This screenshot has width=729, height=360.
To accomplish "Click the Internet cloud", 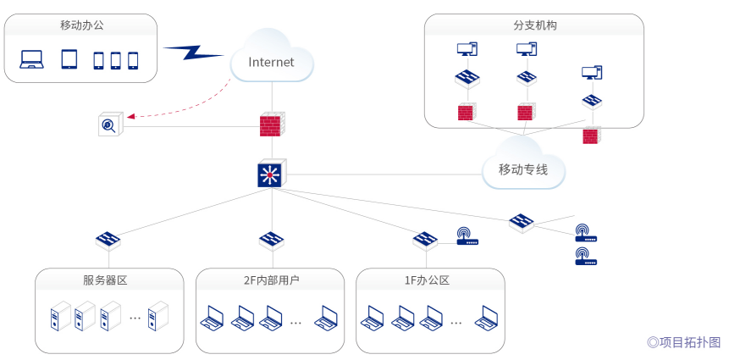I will pyautogui.click(x=271, y=59).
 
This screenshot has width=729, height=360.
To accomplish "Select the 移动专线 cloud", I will pyautogui.click(x=522, y=169).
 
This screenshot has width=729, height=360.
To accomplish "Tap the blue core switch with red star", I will pyautogui.click(x=271, y=174).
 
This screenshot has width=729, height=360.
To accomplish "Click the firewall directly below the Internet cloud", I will pyautogui.click(x=271, y=126).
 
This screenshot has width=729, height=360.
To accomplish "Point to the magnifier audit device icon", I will pyautogui.click(x=110, y=125).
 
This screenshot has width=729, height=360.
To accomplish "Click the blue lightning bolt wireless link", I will pyautogui.click(x=193, y=52).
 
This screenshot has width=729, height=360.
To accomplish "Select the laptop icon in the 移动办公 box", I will pyautogui.click(x=32, y=59).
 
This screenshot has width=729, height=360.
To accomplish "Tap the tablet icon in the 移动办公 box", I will pyautogui.click(x=69, y=59).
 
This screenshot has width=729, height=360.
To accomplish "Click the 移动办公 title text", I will pyautogui.click(x=81, y=25).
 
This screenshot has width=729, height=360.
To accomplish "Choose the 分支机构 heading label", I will pyautogui.click(x=535, y=25).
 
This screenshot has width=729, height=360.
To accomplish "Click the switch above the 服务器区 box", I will pyautogui.click(x=108, y=240).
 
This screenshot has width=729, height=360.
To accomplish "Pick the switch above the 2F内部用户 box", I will pyautogui.click(x=271, y=240).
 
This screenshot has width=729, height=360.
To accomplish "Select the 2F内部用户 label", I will pyautogui.click(x=271, y=280).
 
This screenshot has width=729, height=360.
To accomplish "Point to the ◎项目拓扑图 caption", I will pyautogui.click(x=684, y=342).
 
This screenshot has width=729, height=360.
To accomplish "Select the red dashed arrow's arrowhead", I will pyautogui.click(x=132, y=115).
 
